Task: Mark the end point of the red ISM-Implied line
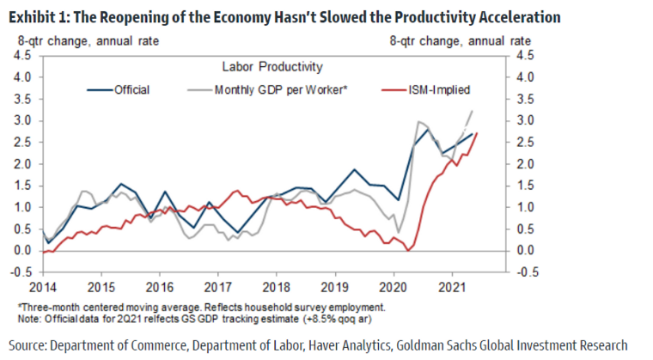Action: [x=477, y=132]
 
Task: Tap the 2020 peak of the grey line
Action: [x=418, y=122]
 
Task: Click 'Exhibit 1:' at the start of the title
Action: [x=34, y=16]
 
